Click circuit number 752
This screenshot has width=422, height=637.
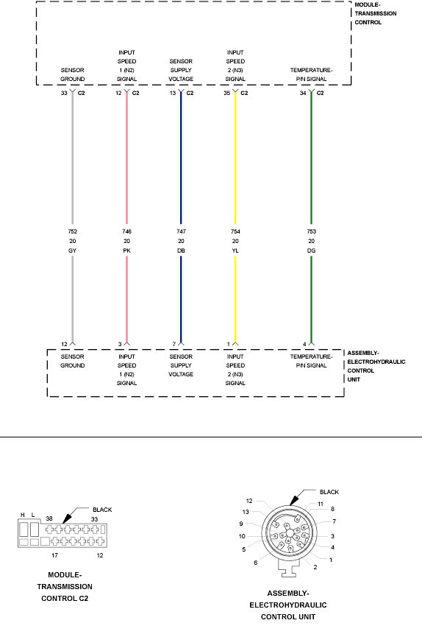click(72, 231)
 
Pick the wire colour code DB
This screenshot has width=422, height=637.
click(181, 250)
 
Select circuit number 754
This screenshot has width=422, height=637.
click(235, 231)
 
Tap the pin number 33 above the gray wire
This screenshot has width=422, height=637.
click(64, 93)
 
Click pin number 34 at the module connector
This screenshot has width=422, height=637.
click(303, 93)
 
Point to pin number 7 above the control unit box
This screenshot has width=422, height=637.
click(174, 344)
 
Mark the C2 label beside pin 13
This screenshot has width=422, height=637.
click(190, 93)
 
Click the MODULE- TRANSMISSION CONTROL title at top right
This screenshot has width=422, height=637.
click(376, 13)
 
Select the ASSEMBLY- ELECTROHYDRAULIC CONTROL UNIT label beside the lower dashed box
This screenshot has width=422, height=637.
click(376, 366)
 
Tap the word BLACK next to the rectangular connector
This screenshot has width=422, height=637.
click(102, 510)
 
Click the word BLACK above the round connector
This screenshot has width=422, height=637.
click(329, 492)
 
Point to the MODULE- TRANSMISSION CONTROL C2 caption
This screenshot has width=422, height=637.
click(65, 587)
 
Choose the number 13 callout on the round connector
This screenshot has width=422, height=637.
click(246, 512)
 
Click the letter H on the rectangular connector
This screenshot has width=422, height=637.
click(23, 515)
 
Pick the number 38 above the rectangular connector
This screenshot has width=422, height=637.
click(49, 518)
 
